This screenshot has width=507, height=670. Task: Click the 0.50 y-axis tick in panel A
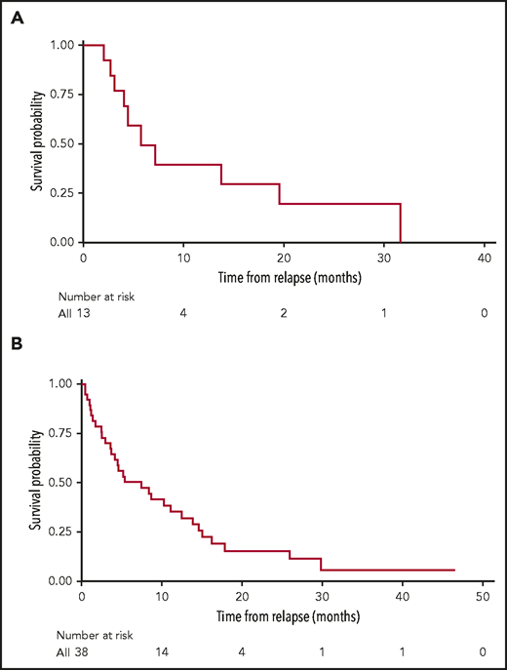pos(60,143)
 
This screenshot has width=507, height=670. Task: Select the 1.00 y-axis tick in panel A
pos(60,45)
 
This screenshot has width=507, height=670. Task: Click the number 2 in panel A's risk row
pos(285,313)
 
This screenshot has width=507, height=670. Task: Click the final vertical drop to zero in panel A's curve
pos(401,222)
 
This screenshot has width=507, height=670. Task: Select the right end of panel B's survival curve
pos(454,570)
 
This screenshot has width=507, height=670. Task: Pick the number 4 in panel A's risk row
pos(183,313)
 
